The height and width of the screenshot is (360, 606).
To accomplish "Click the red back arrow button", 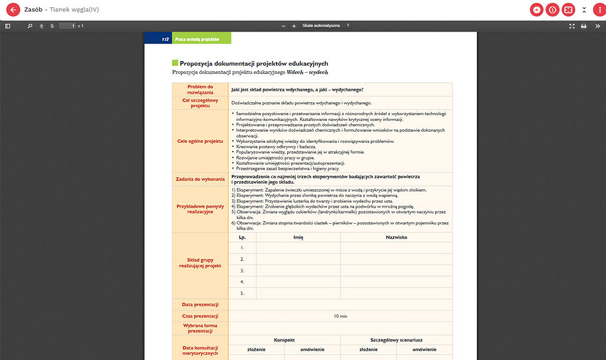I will (x=12, y=10).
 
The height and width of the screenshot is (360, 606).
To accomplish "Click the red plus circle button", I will (x=537, y=10).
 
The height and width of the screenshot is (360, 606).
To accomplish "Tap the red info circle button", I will (x=553, y=10).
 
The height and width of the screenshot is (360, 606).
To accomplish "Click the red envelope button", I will (x=568, y=10).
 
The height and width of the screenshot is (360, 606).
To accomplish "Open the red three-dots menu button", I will (x=599, y=10).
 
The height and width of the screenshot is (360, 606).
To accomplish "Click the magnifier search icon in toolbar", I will (x=30, y=26).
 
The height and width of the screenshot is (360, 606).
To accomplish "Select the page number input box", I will (x=67, y=26).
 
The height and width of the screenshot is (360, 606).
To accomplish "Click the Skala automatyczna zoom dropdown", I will (x=325, y=26).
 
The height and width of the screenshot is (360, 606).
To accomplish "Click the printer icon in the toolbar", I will (x=584, y=26).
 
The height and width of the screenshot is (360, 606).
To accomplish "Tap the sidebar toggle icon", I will (x=8, y=26).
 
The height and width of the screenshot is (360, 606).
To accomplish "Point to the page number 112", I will (x=166, y=39).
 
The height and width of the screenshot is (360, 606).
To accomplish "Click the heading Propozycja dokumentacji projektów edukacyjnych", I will (x=254, y=64).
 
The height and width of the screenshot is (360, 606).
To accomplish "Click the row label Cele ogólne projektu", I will (x=201, y=140).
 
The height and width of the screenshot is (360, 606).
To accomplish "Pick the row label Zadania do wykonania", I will (x=201, y=179).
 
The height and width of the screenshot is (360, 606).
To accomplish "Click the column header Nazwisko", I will (x=397, y=237).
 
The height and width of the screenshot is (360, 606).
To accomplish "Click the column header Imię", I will (x=298, y=237).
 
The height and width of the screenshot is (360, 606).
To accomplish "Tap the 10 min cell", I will (x=341, y=316).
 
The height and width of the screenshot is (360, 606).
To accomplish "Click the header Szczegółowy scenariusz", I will (x=396, y=339).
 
